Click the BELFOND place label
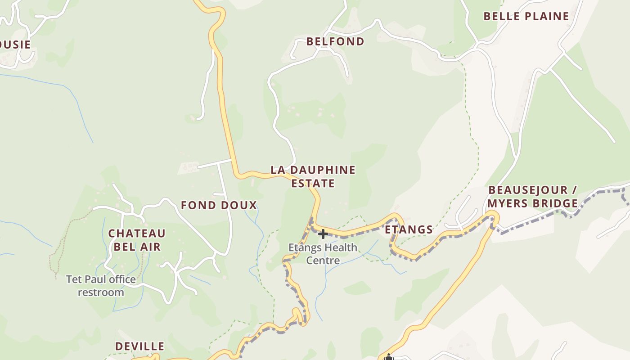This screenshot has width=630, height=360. pyautogui.click(x=335, y=41)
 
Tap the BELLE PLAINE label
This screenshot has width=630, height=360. pyautogui.click(x=526, y=17)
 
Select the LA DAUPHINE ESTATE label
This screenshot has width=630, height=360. pyautogui.click(x=313, y=176)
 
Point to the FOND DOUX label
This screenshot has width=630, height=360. pyautogui.click(x=219, y=206)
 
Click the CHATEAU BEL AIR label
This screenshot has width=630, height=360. pyautogui.click(x=137, y=240)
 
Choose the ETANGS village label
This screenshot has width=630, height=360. pyautogui.click(x=409, y=230)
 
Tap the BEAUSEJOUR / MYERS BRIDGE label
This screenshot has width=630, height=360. pyautogui.click(x=533, y=197)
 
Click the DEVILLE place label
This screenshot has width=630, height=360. pyautogui.click(x=139, y=346)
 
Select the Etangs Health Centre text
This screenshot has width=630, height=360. pyautogui.click(x=323, y=254)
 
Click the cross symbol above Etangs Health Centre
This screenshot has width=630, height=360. pyautogui.click(x=323, y=234)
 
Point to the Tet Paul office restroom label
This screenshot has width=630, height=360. pyautogui.click(x=101, y=286)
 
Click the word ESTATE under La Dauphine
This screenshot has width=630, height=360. pyautogui.click(x=313, y=184)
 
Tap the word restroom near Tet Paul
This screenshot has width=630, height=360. pyautogui.click(x=101, y=292)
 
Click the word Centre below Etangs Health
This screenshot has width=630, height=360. pyautogui.click(x=323, y=261)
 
